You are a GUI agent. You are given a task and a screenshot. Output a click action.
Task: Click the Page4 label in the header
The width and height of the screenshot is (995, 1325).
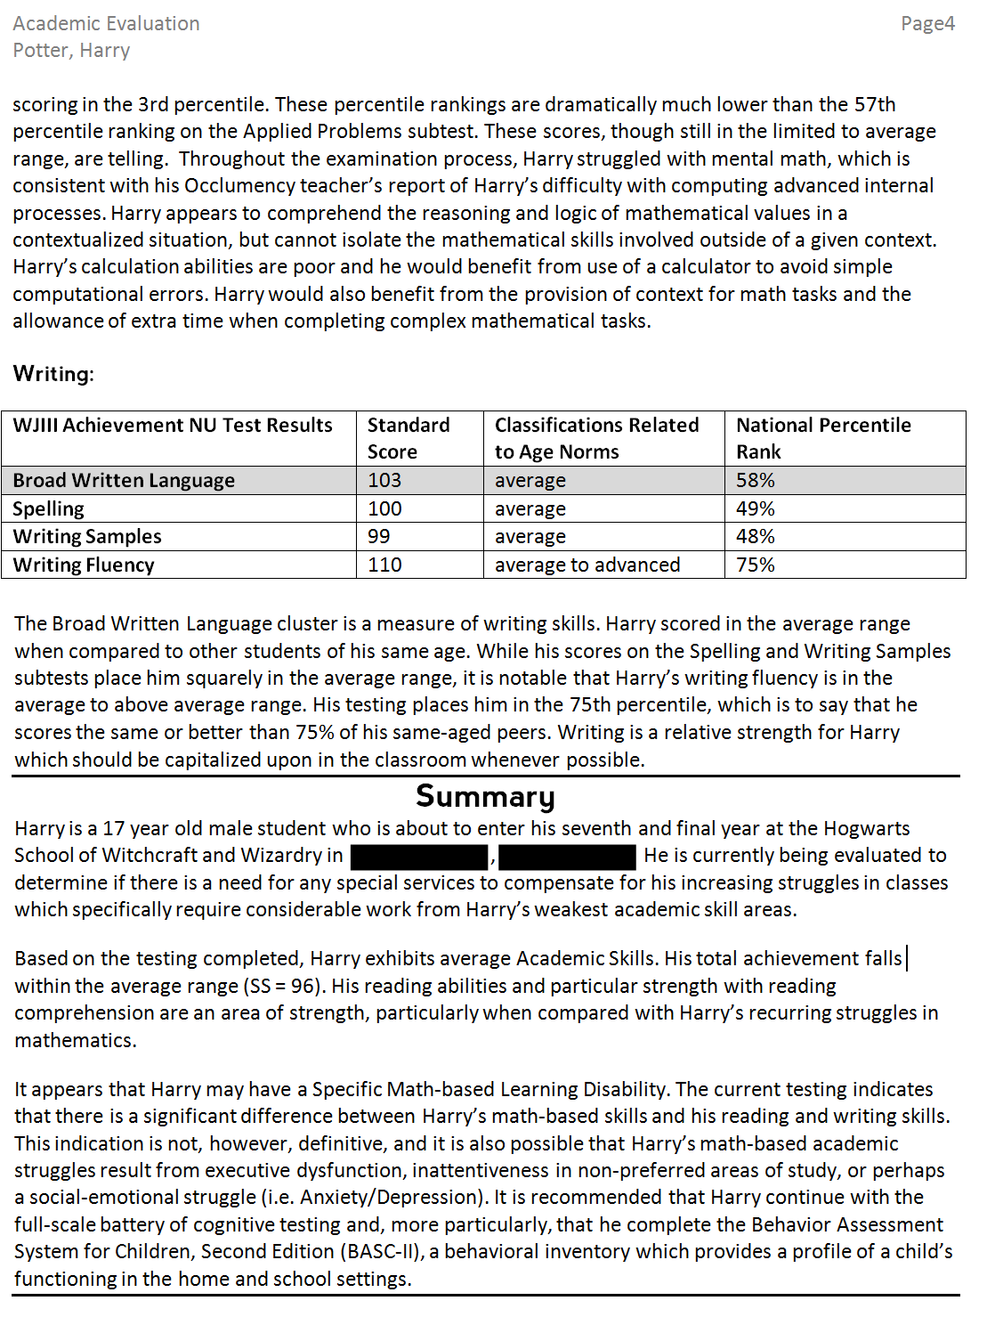coord(927,24)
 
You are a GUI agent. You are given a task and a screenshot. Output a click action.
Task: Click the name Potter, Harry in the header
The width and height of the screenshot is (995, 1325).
coord(71,51)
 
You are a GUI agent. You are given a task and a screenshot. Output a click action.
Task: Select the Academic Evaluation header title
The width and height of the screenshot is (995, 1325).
coord(106,24)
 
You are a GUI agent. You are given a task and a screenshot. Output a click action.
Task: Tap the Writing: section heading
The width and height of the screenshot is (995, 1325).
coord(53,374)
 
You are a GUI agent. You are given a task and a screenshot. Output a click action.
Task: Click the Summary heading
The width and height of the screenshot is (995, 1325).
coord(485,795)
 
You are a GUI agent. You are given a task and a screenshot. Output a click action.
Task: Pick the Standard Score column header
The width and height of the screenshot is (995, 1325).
coord(409,438)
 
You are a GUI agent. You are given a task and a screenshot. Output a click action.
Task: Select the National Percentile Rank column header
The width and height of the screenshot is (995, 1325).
coord(823,438)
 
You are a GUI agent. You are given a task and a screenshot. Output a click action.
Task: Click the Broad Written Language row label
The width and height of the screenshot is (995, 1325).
coord(124,481)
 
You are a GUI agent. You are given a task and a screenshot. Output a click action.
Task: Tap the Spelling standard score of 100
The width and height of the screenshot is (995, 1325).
coord(384,509)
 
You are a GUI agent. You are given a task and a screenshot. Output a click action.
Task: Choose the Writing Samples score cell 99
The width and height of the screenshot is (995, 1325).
coord(379,537)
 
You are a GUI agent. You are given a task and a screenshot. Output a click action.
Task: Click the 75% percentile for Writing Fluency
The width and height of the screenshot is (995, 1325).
coord(756,565)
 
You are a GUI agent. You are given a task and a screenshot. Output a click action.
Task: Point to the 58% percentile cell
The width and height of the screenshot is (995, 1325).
coord(756,481)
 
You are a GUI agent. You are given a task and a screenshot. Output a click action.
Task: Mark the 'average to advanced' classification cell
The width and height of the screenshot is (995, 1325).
coord(587,565)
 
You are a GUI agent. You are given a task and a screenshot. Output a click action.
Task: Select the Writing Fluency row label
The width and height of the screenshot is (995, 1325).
coord(84,565)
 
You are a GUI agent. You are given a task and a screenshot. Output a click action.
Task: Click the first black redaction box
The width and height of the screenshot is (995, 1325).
coord(420,857)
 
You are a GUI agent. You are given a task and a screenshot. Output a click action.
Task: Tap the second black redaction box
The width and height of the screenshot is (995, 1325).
coord(568,857)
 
